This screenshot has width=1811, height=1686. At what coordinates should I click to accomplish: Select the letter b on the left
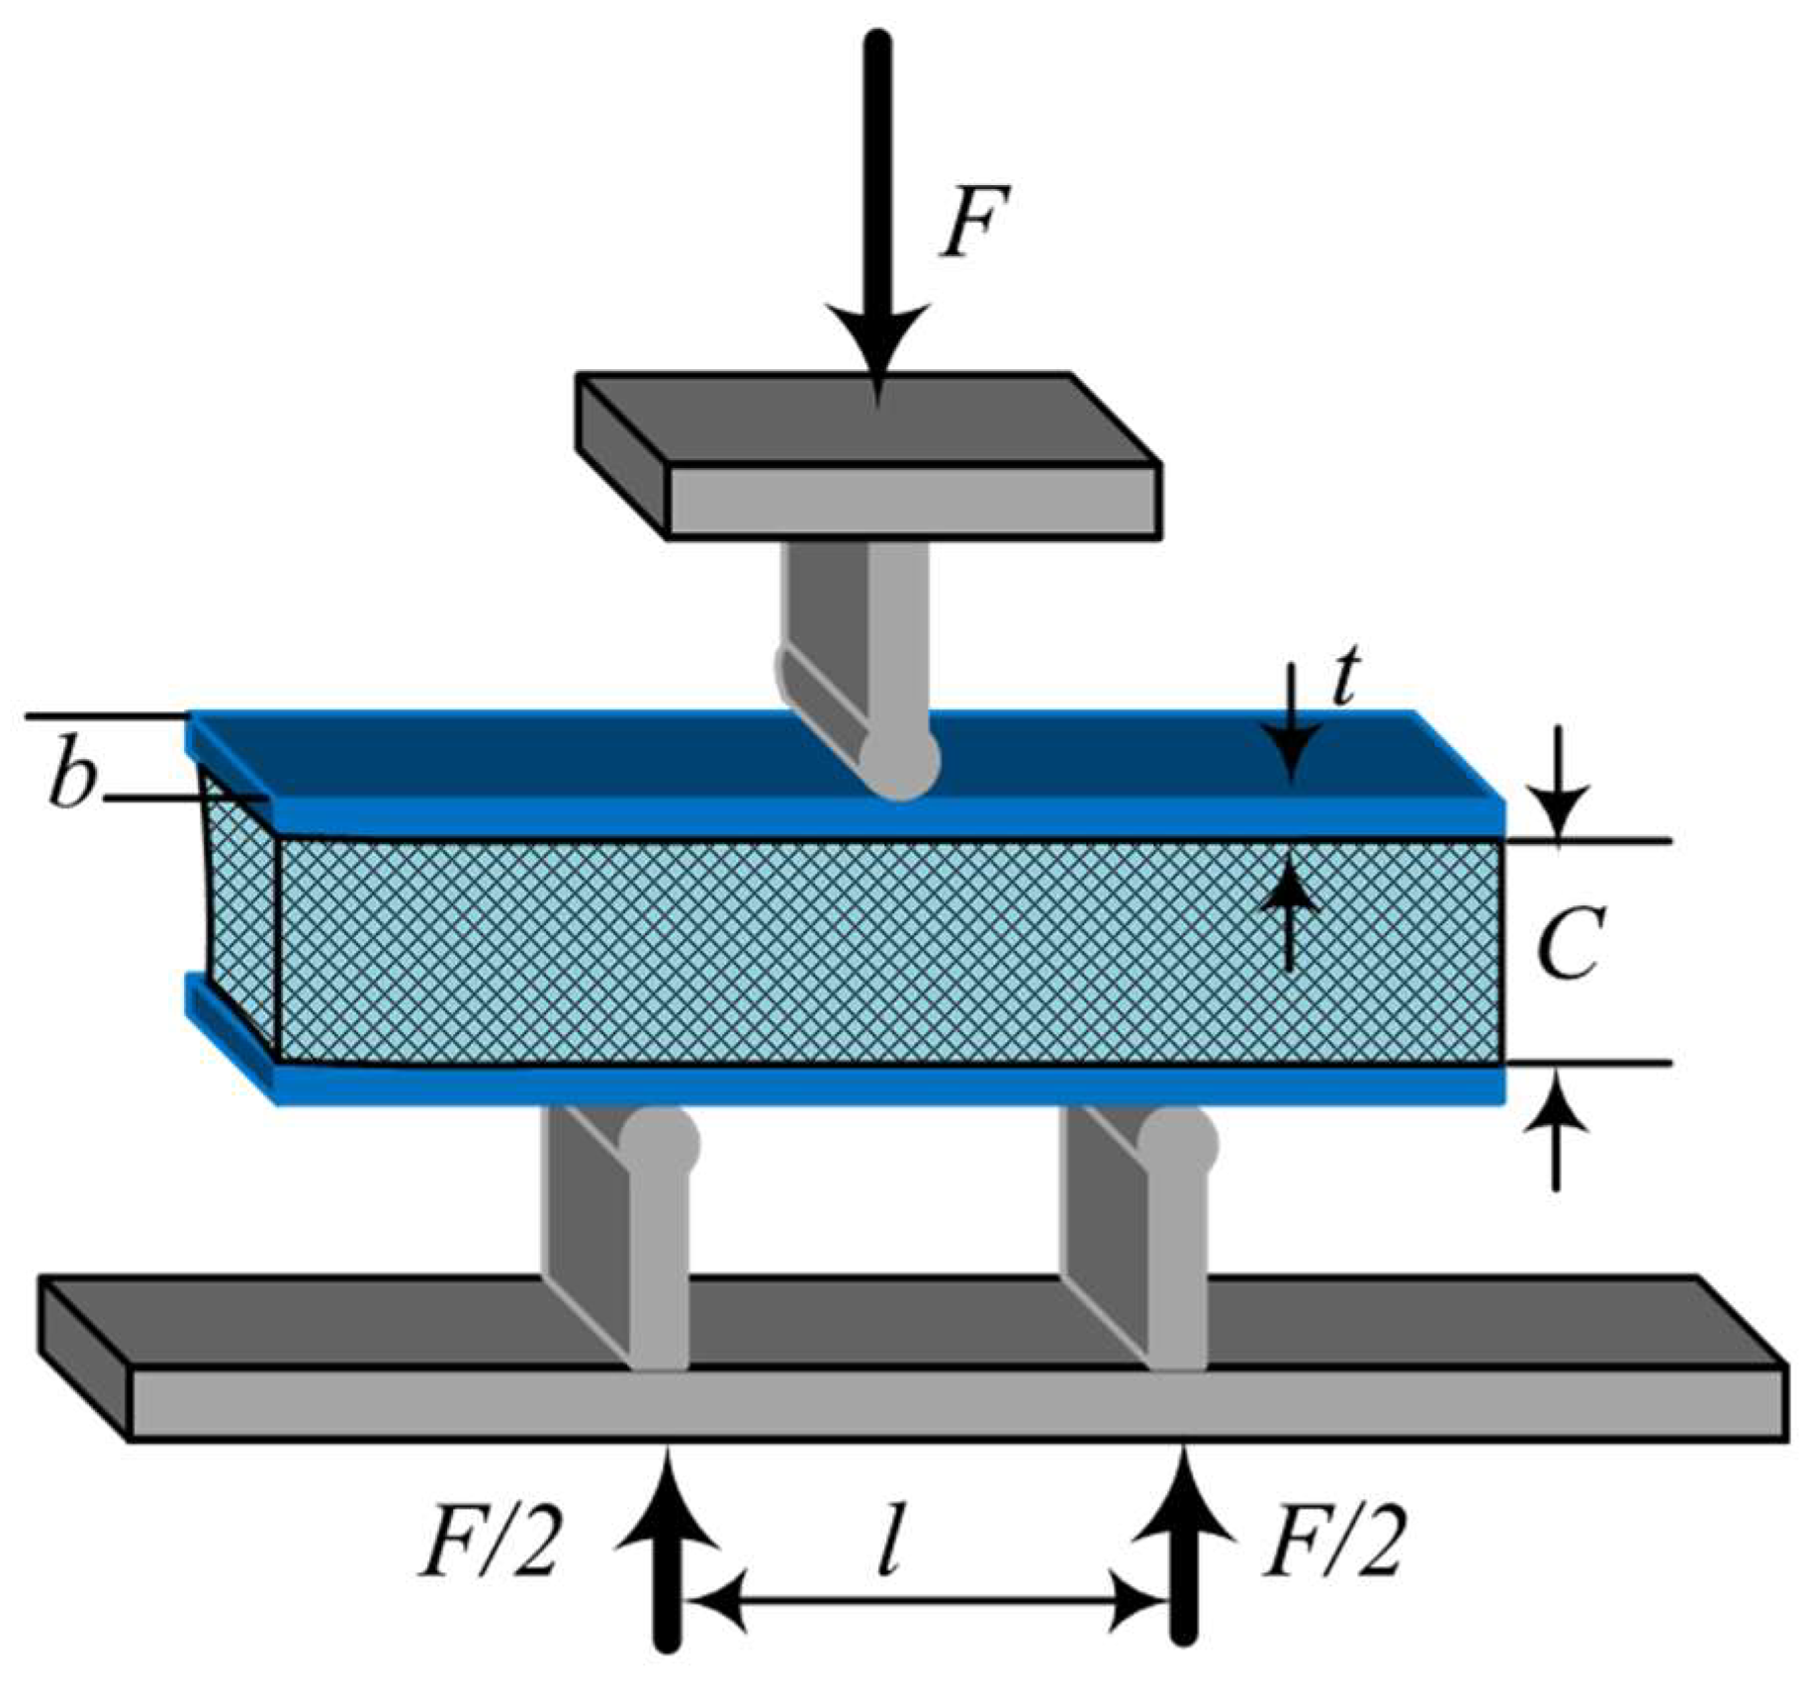click(71, 782)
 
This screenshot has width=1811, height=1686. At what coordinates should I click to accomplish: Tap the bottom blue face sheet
click(890, 1084)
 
